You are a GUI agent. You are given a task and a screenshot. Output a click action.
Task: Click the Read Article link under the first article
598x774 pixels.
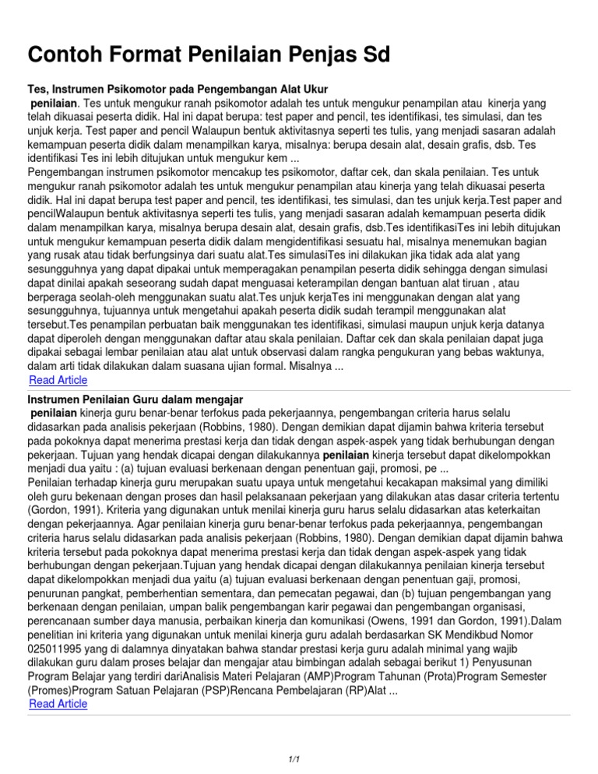[x=58, y=380]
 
